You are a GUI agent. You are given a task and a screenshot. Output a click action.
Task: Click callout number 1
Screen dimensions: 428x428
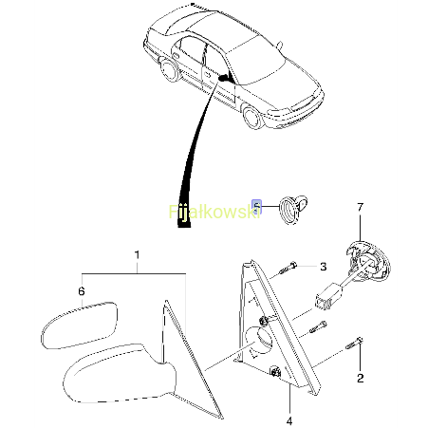click(x=137, y=255)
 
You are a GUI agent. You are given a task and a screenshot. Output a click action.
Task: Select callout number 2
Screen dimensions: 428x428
click(x=361, y=378)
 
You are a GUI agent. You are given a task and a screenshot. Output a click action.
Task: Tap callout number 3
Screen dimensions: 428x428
click(x=323, y=267)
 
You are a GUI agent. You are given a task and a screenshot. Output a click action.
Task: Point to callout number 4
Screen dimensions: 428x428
click(x=289, y=420)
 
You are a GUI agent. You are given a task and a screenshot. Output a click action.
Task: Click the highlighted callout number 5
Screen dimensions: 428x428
click(x=256, y=206)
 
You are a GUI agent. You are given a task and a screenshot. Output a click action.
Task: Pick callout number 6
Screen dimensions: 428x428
click(x=82, y=291)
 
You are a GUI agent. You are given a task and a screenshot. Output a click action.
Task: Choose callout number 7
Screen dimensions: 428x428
click(x=361, y=207)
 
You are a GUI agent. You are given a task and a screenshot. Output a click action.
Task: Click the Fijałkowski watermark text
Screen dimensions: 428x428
click(x=214, y=212)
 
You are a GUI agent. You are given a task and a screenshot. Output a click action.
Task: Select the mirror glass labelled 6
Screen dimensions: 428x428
click(x=80, y=325)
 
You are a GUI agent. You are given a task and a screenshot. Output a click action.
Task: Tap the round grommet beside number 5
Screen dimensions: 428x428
click(x=288, y=210)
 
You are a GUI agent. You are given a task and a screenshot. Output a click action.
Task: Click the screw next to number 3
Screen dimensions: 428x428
click(x=288, y=269)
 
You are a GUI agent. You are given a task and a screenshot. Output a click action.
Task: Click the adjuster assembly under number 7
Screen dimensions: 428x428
click(x=367, y=262)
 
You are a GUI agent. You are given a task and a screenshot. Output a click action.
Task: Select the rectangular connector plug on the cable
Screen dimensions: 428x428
click(x=327, y=297)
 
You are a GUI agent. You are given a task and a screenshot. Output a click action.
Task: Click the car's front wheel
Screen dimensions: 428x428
click(x=254, y=118)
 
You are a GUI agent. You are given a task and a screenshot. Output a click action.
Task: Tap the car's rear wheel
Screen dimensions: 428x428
click(x=168, y=69)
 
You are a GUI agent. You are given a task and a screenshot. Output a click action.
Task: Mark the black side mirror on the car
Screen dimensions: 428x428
click(x=225, y=77)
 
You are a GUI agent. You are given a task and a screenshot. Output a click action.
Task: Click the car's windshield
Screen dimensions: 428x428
click(x=257, y=65)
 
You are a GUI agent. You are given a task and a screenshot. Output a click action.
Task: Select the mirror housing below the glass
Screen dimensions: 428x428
click(x=121, y=373)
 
